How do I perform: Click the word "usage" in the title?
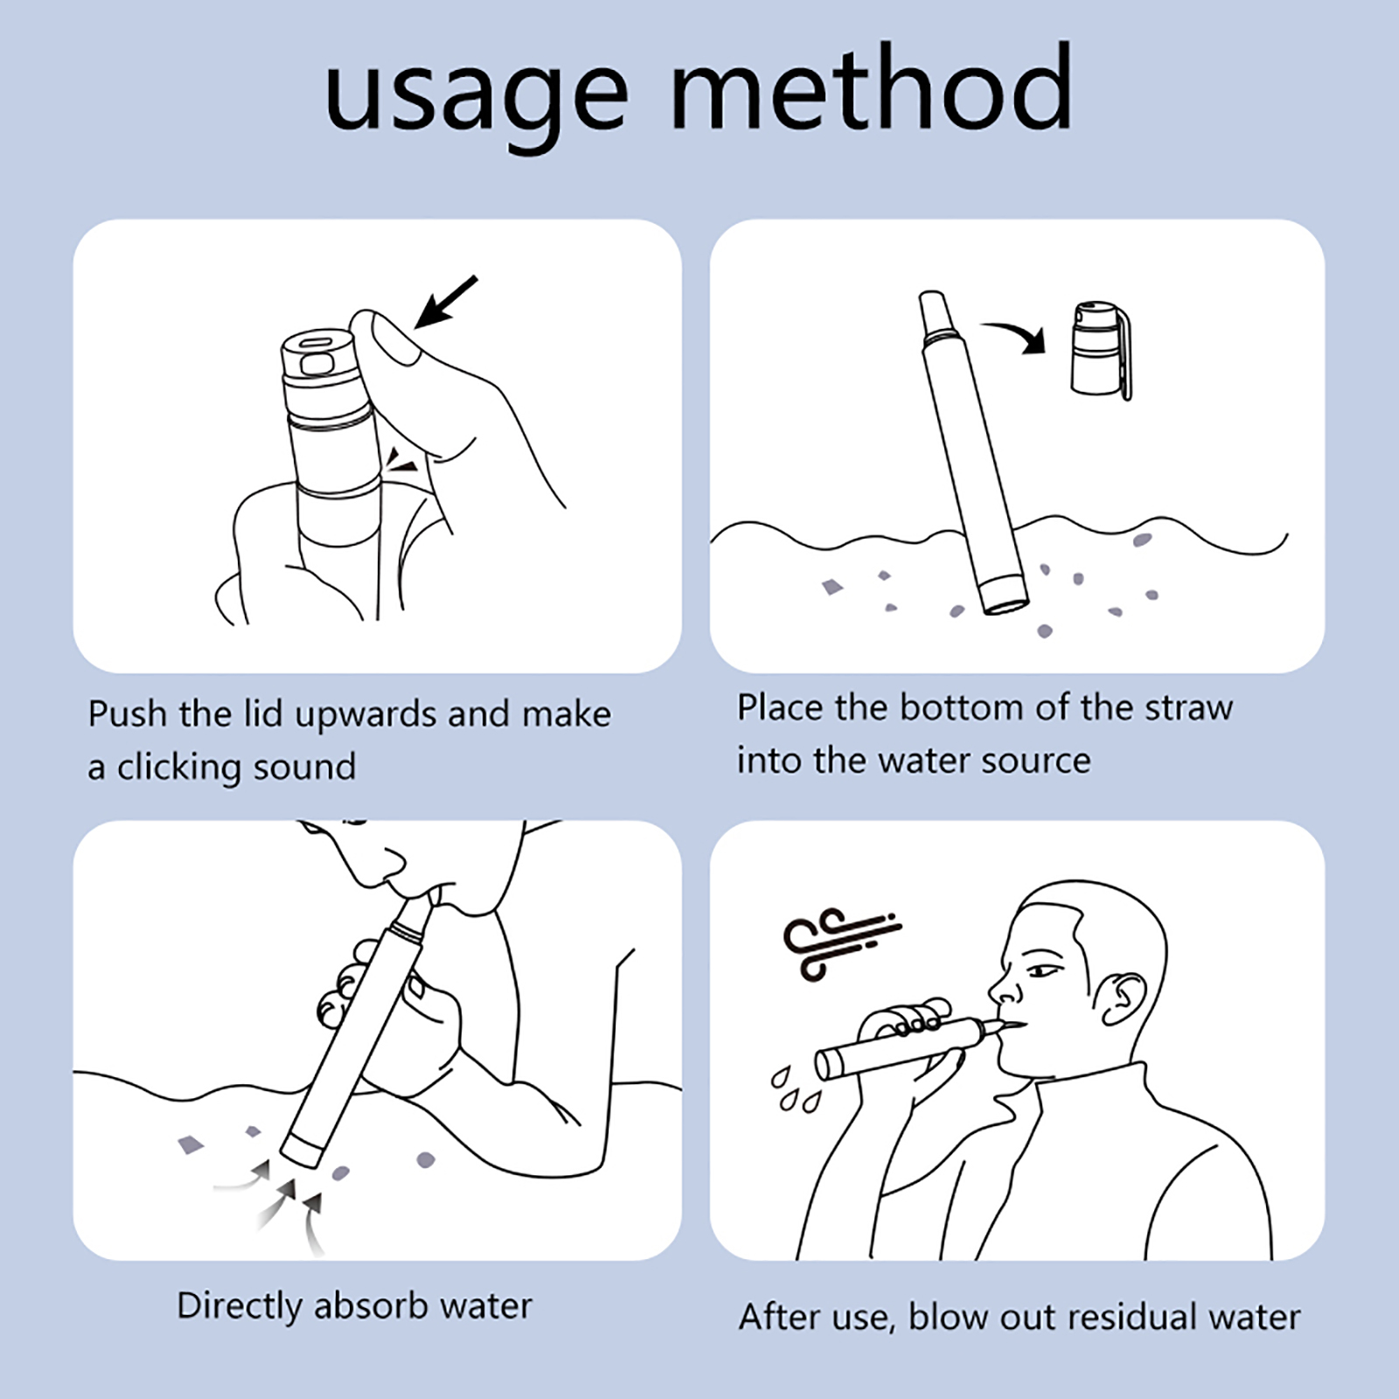pyautogui.click(x=477, y=98)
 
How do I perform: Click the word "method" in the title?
pyautogui.click(x=872, y=87)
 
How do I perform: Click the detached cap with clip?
pyautogui.click(x=1102, y=351)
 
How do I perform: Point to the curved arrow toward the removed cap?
pyautogui.click(x=1014, y=336)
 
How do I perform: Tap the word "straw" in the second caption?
pyautogui.click(x=1188, y=707)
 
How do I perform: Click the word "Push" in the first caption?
pyautogui.click(x=128, y=713)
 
